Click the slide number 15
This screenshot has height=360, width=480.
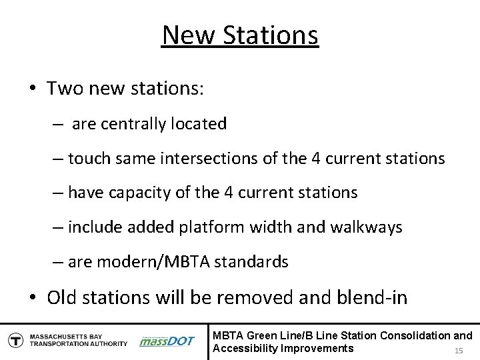(x=458, y=351)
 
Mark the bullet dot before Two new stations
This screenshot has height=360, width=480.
(x=31, y=90)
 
